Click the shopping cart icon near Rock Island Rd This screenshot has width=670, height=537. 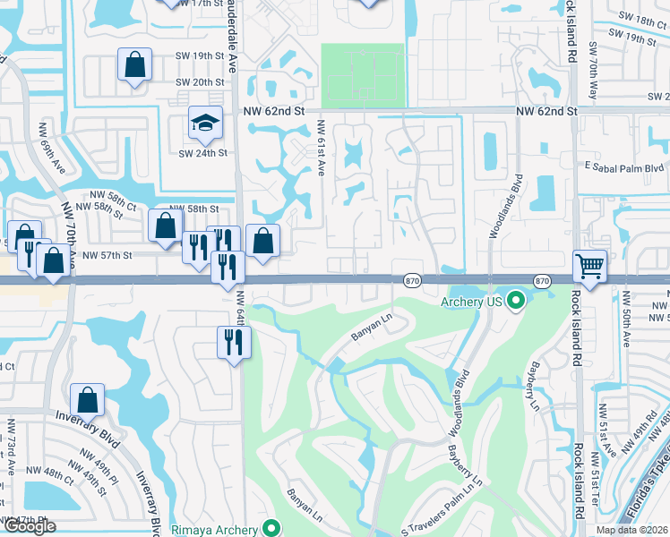(590, 265)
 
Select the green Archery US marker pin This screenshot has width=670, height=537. (515, 301)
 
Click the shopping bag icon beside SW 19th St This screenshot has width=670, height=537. (134, 64)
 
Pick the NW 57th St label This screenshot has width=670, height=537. (107, 255)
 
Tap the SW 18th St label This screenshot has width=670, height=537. (637, 19)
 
